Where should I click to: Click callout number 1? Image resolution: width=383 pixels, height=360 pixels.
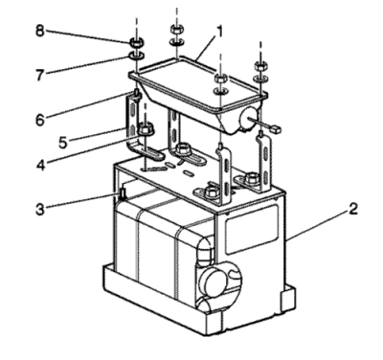[219, 33]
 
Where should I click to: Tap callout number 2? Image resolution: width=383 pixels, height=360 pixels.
[352, 209]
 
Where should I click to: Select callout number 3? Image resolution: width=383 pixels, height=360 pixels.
[39, 209]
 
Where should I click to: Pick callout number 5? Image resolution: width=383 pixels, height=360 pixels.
[63, 143]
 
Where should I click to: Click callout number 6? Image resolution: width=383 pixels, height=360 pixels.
[40, 120]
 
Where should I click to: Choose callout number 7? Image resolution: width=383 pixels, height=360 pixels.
[39, 75]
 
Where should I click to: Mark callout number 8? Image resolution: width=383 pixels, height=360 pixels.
[39, 31]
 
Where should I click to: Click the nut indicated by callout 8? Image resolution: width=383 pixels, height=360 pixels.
[136, 42]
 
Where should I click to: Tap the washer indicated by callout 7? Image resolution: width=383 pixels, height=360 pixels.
[136, 56]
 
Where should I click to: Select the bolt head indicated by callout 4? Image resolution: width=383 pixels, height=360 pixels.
[146, 129]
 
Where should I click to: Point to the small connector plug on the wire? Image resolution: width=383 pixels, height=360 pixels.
[276, 128]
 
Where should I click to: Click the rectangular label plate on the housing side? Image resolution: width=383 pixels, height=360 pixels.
[251, 229]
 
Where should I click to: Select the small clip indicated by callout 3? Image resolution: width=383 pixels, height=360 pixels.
[122, 194]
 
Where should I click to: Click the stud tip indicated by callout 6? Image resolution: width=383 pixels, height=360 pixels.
[137, 93]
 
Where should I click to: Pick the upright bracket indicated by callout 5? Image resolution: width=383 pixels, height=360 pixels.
[133, 122]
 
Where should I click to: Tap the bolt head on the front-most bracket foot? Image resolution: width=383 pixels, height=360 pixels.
[211, 191]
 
